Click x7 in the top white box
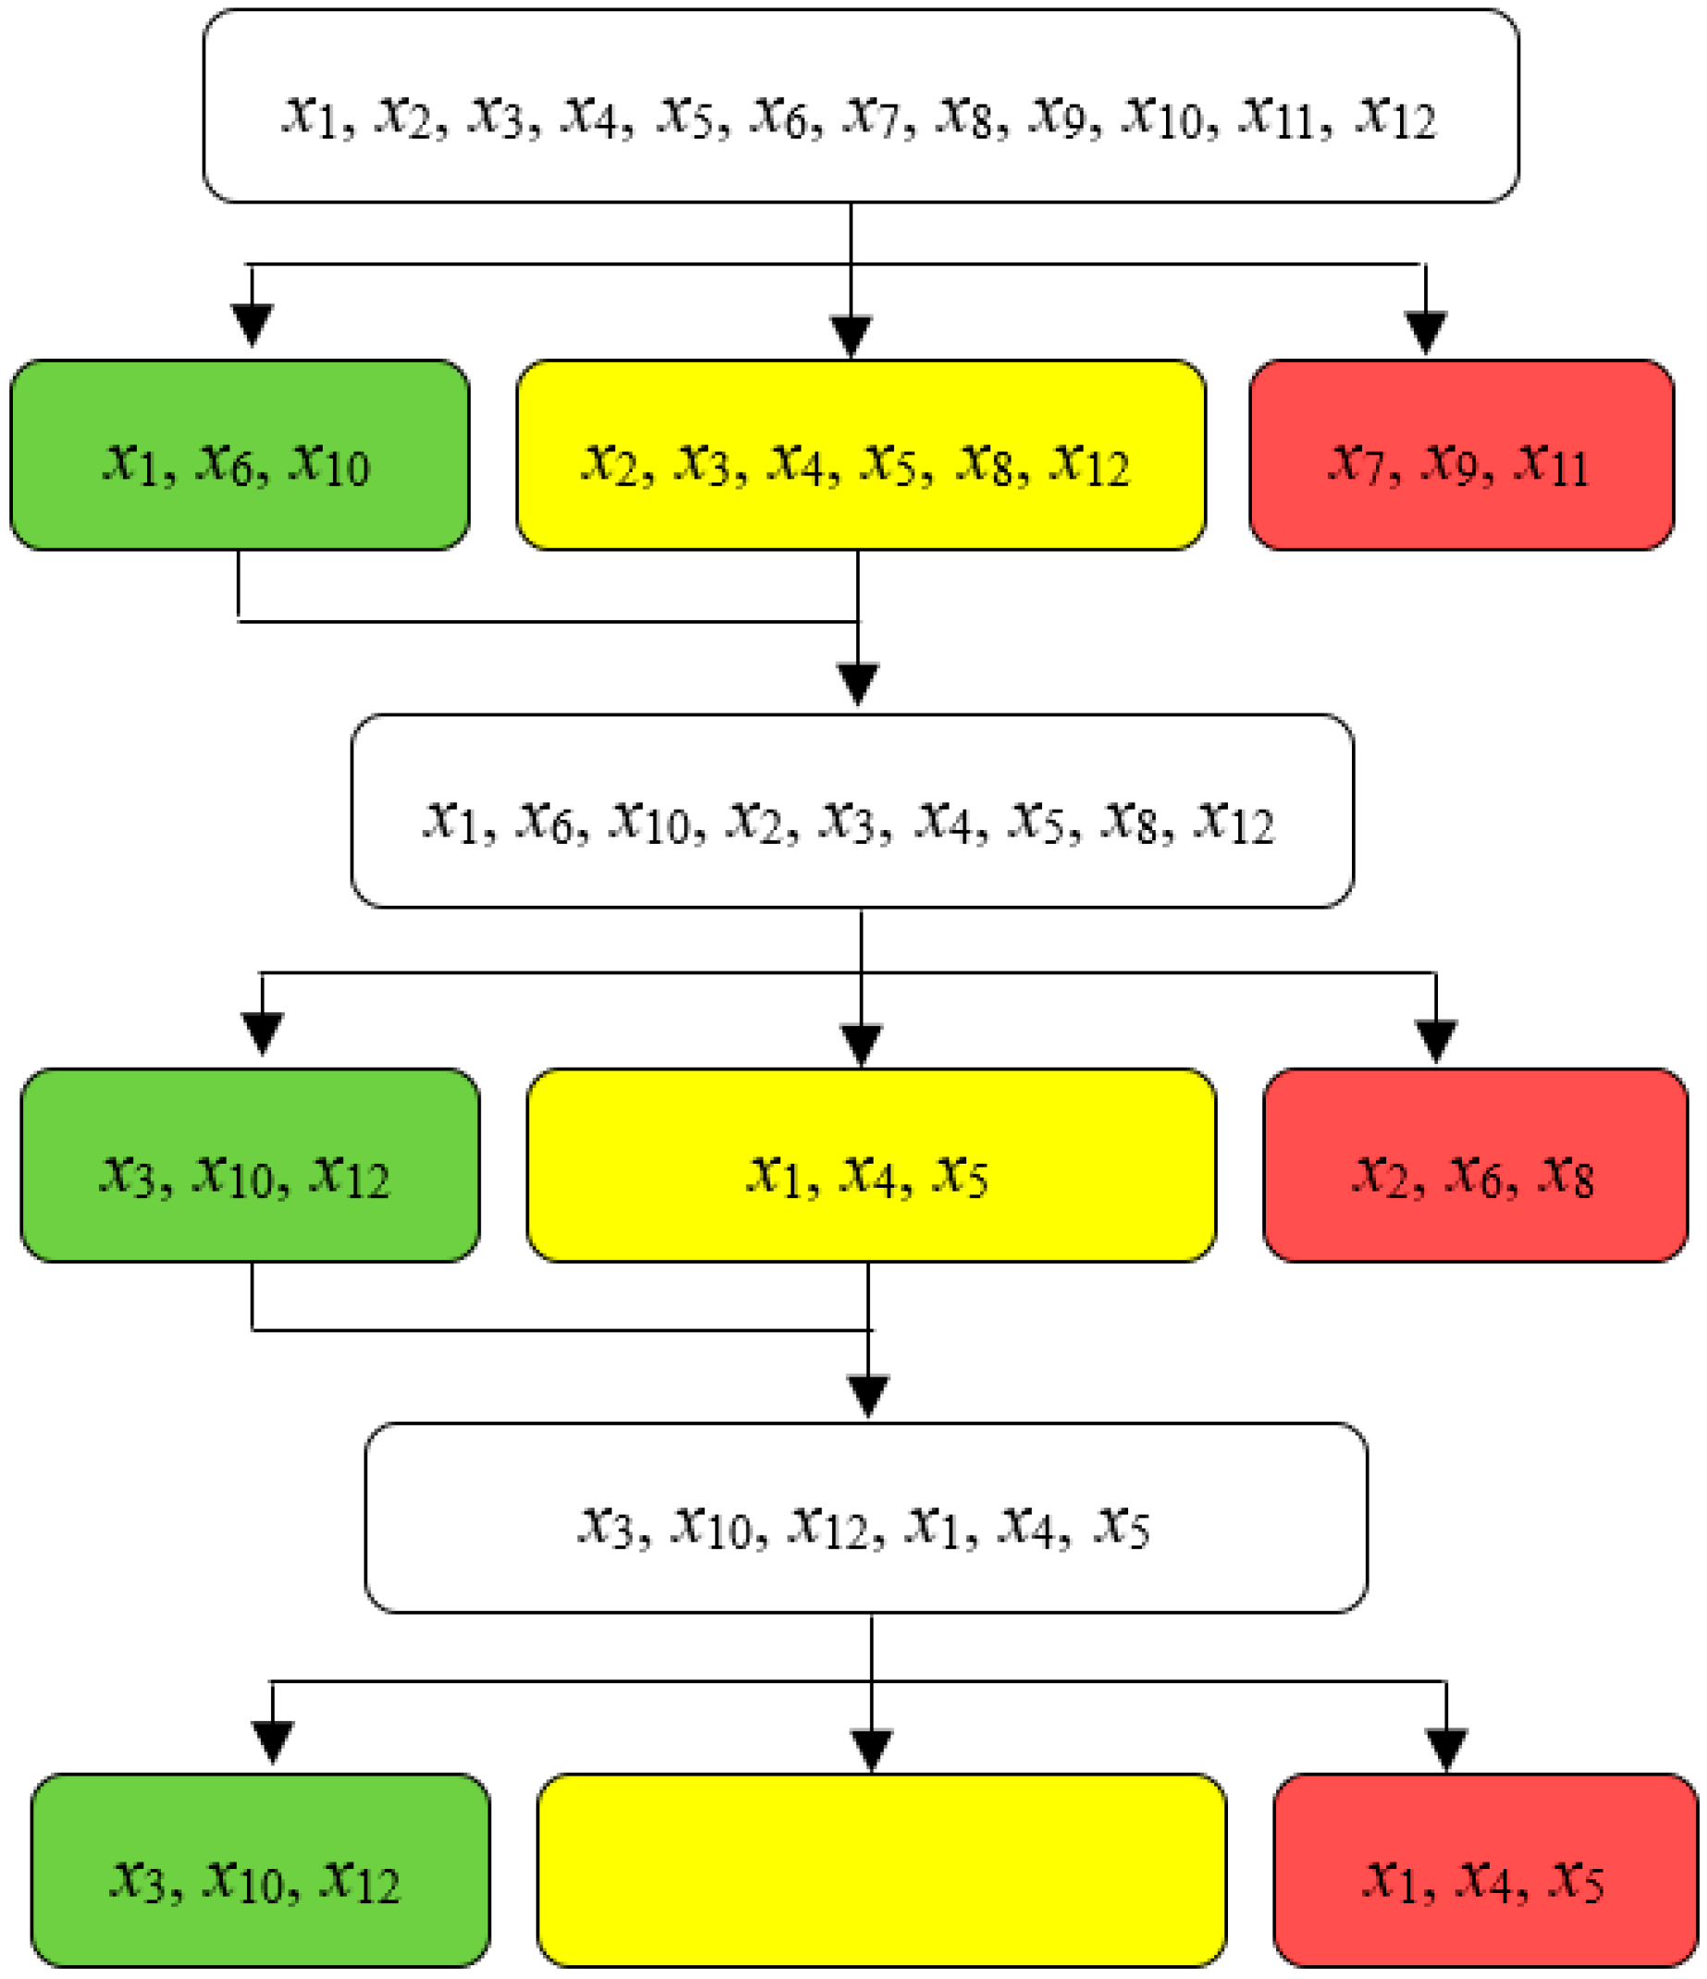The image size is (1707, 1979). point(872,116)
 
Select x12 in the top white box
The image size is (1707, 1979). point(1395,116)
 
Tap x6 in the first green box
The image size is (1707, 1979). point(225,465)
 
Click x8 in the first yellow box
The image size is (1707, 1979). point(987,465)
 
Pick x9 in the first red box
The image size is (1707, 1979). point(1451,465)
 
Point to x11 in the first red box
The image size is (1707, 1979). point(1553,465)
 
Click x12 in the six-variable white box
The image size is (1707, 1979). point(828,1528)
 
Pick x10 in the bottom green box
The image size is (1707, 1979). point(242,1882)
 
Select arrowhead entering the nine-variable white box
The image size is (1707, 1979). point(858,684)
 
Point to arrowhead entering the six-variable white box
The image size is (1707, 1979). point(868,1396)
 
